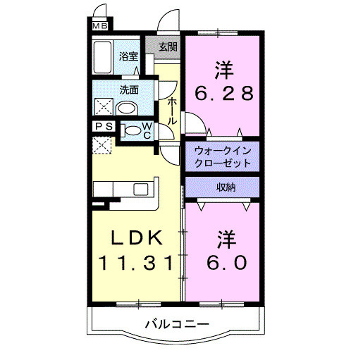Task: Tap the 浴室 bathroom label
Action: [x=128, y=56]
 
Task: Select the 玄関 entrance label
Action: [x=167, y=47]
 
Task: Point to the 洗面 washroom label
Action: [x=128, y=90]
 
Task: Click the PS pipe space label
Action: [x=103, y=127]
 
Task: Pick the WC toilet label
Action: [x=147, y=130]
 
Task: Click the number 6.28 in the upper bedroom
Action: [x=223, y=93]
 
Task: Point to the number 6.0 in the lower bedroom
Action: [x=226, y=262]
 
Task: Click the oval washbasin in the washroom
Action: [x=127, y=108]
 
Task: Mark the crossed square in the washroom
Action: [x=104, y=107]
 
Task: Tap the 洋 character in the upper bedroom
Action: [x=223, y=70]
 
